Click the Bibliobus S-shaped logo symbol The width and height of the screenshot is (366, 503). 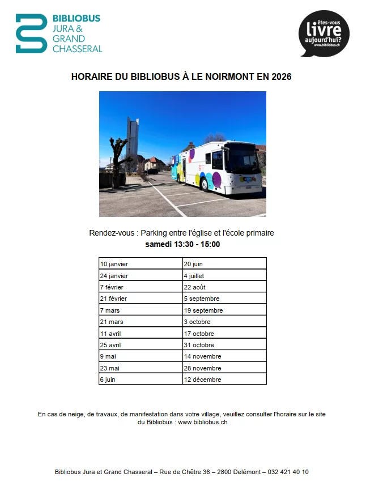tap(32, 33)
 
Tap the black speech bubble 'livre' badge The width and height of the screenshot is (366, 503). tap(324, 33)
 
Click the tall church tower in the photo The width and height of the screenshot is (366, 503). tap(133, 138)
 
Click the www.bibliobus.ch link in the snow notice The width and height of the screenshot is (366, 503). tap(203, 422)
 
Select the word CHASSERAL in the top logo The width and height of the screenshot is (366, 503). tap(78, 49)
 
